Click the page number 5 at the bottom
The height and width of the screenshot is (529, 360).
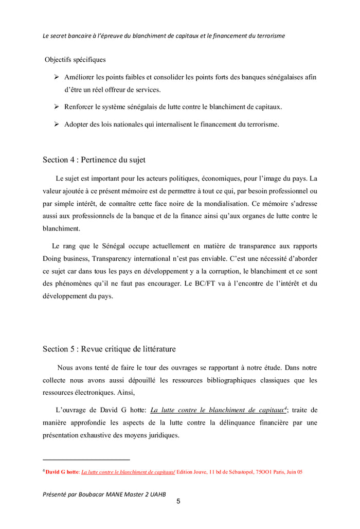pyautogui.click(x=178, y=502)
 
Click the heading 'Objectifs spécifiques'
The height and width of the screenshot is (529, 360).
pyautogui.click(x=75, y=60)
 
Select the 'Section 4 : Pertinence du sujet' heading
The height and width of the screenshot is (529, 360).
pyautogui.click(x=94, y=160)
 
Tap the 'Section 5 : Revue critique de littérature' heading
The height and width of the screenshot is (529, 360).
pyautogui.click(x=109, y=349)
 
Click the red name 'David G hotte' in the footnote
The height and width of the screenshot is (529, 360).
pyautogui.click(x=62, y=471)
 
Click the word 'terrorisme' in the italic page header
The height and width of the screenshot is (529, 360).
pyautogui.click(x=268, y=36)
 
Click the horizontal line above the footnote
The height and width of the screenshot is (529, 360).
pyautogui.click(x=86, y=460)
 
